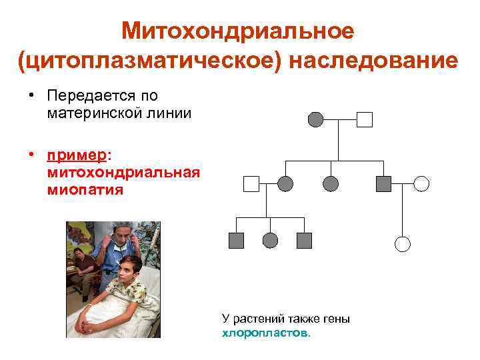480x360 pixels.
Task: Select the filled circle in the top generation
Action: pyautogui.click(x=315, y=120)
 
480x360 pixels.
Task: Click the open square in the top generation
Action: pyautogui.click(x=365, y=120)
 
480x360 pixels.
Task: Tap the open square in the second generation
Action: pyautogui.click(x=251, y=183)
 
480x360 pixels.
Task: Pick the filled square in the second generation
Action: pyautogui.click(x=383, y=183)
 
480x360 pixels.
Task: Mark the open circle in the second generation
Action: pyautogui.click(x=421, y=183)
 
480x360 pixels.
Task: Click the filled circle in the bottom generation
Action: pyautogui.click(x=270, y=241)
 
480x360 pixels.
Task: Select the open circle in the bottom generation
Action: pyautogui.click(x=403, y=244)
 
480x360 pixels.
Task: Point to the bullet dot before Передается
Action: pyautogui.click(x=31, y=97)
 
